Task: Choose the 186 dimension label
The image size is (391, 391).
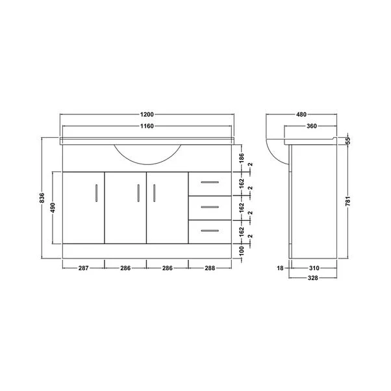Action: coord(242,158)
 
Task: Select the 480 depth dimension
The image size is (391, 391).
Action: coord(302,115)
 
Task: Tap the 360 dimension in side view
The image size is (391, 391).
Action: coord(312,125)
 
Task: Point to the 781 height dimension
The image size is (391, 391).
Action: coord(349,201)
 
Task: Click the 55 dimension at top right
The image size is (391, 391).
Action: coord(349,141)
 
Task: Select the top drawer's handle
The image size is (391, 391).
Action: coord(209,183)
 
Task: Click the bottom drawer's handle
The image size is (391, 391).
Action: coord(209,231)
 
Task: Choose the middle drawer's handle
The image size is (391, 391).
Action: coord(209,207)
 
